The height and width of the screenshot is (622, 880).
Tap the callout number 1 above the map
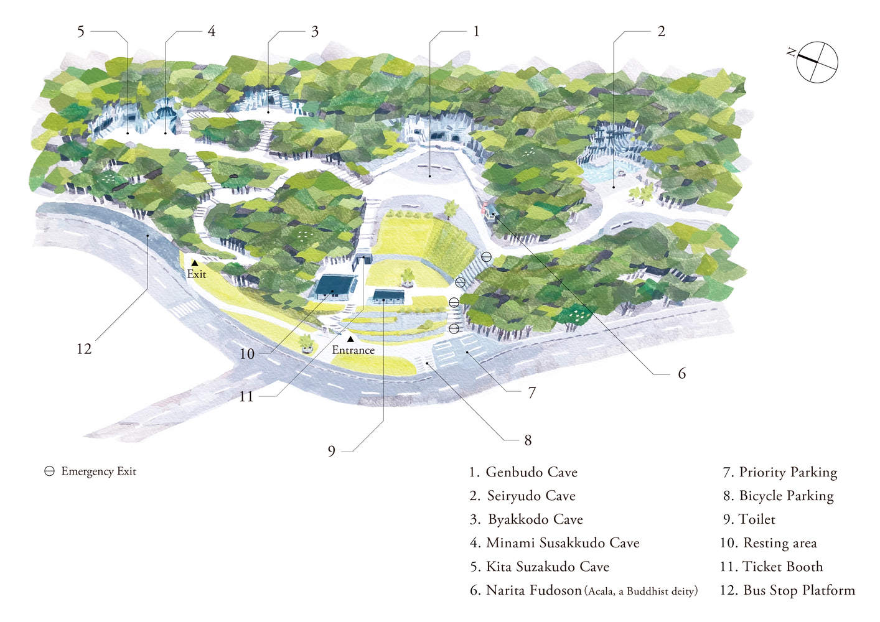[x=476, y=31]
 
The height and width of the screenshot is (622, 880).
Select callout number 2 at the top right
[x=661, y=31]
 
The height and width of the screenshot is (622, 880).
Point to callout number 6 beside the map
[x=681, y=373]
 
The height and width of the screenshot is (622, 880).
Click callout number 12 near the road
[x=84, y=349]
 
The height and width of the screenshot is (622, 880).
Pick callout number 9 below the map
[x=332, y=451]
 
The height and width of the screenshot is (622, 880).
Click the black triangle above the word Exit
[x=195, y=263]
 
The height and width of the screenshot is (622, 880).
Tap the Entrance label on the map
[x=353, y=350]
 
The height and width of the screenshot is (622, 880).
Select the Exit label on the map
[x=197, y=274]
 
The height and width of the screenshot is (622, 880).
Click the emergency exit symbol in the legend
[x=50, y=471]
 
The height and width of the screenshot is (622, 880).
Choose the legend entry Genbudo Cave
[x=523, y=472]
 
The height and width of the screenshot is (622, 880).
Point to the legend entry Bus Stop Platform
[x=787, y=590]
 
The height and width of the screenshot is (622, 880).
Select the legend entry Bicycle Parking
[x=779, y=496]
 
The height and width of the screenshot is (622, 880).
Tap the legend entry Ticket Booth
[x=772, y=567]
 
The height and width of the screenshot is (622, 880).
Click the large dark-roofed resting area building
[x=335, y=286]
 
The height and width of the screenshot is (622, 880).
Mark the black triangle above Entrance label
[x=350, y=339]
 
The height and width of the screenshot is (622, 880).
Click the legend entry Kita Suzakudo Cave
[x=540, y=567]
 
